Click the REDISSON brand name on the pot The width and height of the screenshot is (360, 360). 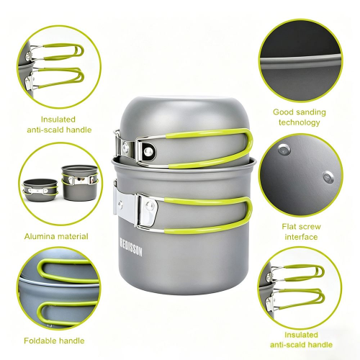coord(131,247)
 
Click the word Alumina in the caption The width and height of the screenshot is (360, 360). coord(39,236)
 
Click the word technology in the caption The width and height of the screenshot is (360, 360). coord(300,122)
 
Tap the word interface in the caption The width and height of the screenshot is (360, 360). coord(301,237)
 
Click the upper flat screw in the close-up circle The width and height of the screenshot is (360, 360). coord(284,150)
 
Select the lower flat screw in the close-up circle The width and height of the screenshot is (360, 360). coord(328,177)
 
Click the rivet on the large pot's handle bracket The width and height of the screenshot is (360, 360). coord(150,206)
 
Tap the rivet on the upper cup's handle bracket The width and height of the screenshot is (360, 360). coord(148,150)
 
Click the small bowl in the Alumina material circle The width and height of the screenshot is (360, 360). coord(40,190)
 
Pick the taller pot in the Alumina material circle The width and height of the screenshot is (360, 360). coord(79,183)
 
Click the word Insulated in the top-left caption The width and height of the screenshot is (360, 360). coord(58,120)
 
